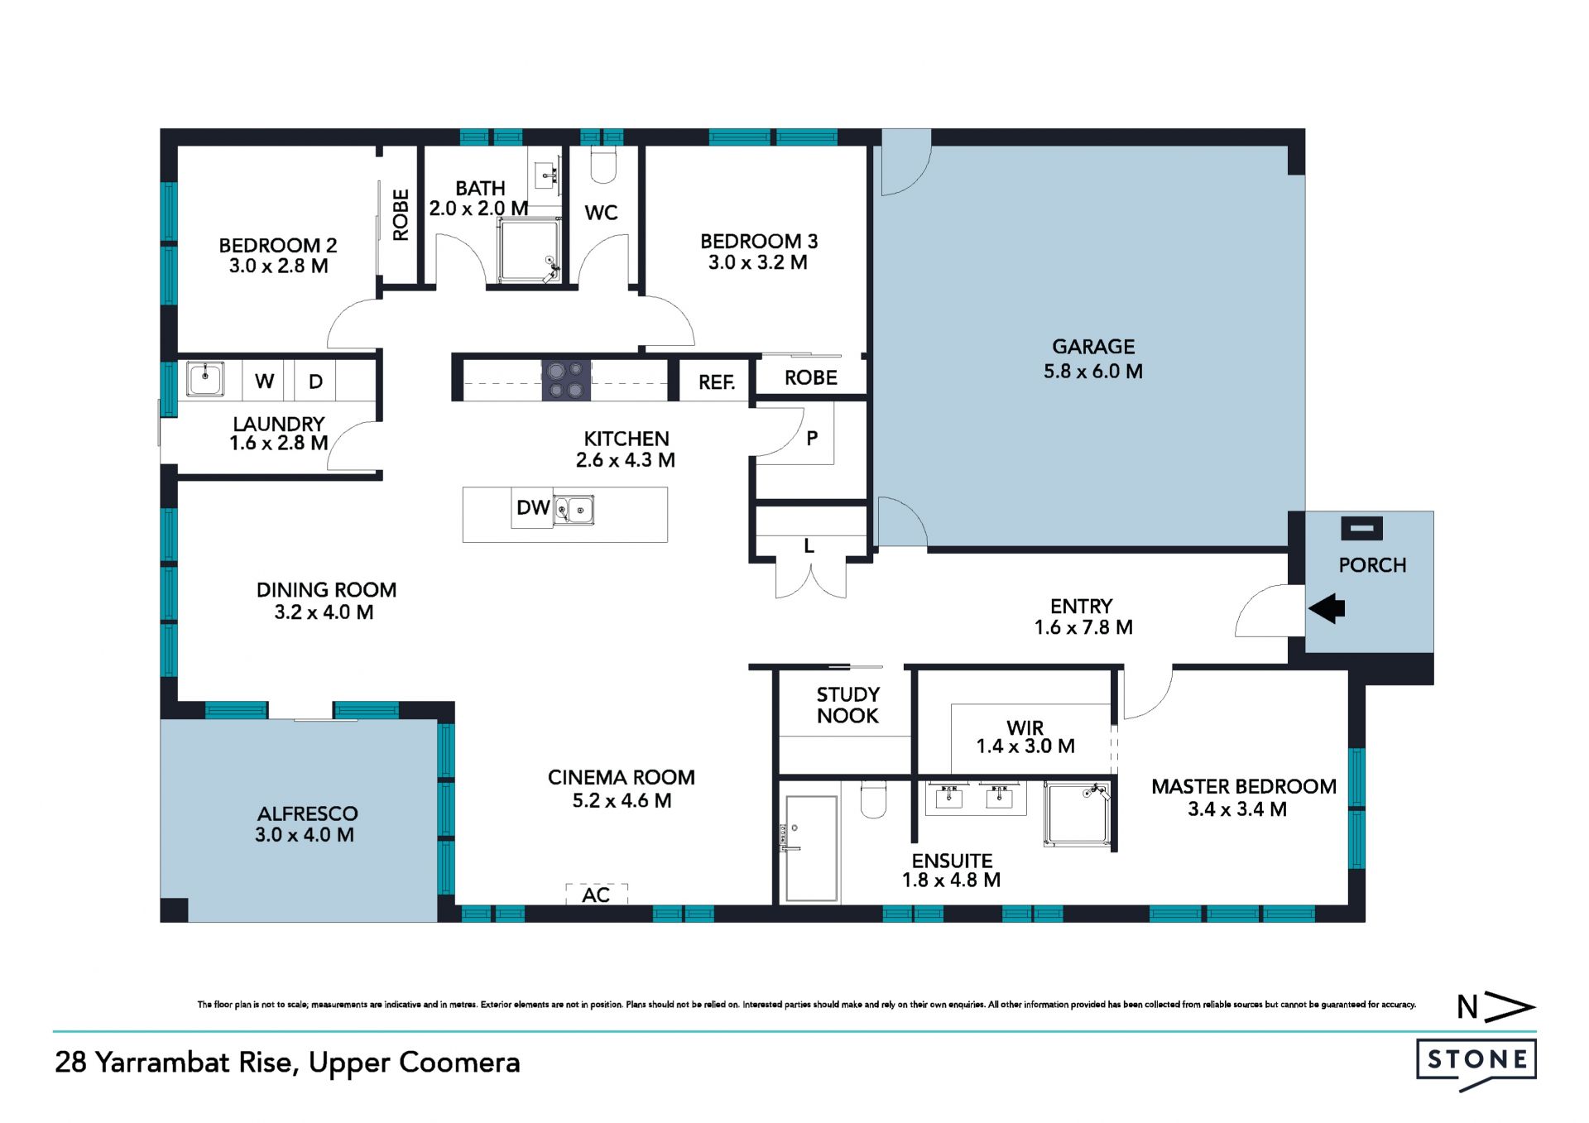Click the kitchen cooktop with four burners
(x=566, y=381)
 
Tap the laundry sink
(x=204, y=379)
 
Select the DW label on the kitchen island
(x=533, y=508)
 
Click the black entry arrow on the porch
(x=1327, y=609)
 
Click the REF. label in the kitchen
(x=717, y=382)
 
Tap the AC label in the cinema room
(x=596, y=895)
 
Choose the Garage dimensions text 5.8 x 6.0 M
(x=1093, y=372)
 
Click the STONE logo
(x=1476, y=1063)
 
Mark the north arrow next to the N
(x=1509, y=1007)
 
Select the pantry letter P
(x=812, y=439)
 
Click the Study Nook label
(x=848, y=705)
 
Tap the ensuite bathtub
(x=811, y=848)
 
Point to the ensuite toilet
(x=873, y=799)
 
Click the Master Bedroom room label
(x=1244, y=787)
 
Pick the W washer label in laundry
(x=264, y=382)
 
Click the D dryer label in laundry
(x=315, y=382)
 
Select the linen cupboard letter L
(x=809, y=546)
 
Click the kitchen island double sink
(x=574, y=510)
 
